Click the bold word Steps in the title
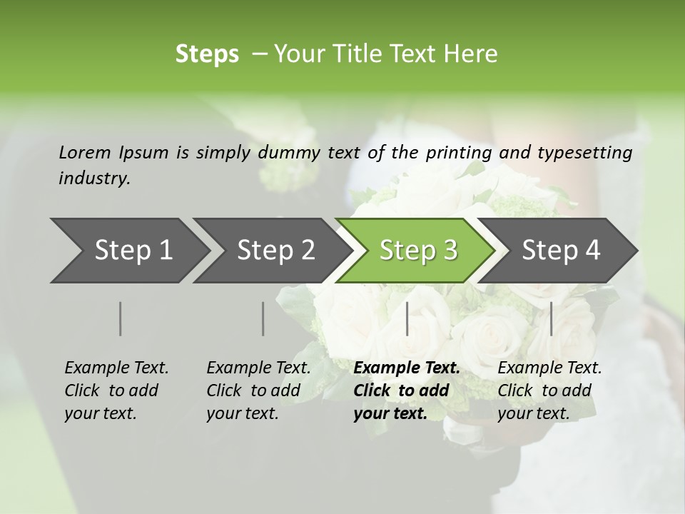(x=207, y=54)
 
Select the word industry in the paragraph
(x=93, y=178)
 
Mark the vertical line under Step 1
(x=121, y=318)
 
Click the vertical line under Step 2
(x=263, y=318)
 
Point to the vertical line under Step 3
(x=407, y=318)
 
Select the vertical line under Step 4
(x=551, y=318)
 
